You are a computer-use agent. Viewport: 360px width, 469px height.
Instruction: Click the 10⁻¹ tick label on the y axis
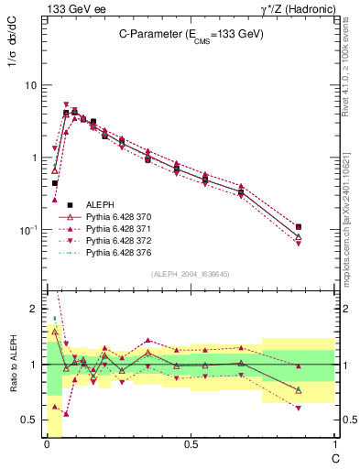coord(27,229)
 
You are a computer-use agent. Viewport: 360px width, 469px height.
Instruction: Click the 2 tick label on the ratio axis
coord(33,307)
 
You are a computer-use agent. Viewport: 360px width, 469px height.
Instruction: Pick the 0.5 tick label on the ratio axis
coord(27,420)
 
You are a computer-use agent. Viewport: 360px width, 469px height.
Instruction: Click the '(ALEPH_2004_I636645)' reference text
coord(191,273)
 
